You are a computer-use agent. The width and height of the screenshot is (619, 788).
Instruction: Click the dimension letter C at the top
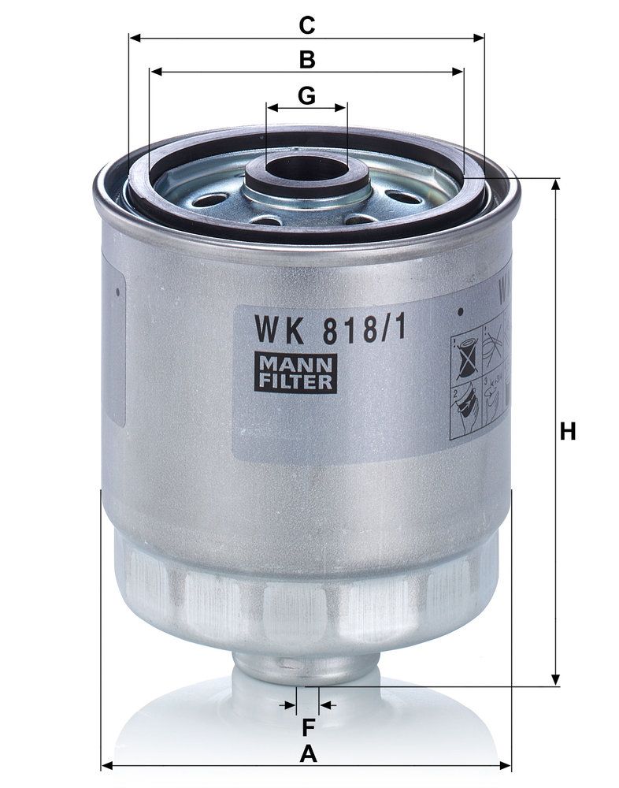point(307,25)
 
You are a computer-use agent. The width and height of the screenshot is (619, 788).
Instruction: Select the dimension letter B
point(307,59)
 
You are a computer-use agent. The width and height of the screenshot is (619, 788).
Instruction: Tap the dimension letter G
point(306,95)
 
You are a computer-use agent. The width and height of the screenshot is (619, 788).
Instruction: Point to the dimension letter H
point(568,432)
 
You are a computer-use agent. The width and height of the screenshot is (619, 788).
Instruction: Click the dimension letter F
point(307,727)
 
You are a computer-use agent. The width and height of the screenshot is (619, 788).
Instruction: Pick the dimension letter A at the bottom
point(308,754)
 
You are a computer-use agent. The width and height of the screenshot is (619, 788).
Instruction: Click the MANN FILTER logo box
point(295,373)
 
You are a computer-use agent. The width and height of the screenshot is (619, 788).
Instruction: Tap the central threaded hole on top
point(307,169)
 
